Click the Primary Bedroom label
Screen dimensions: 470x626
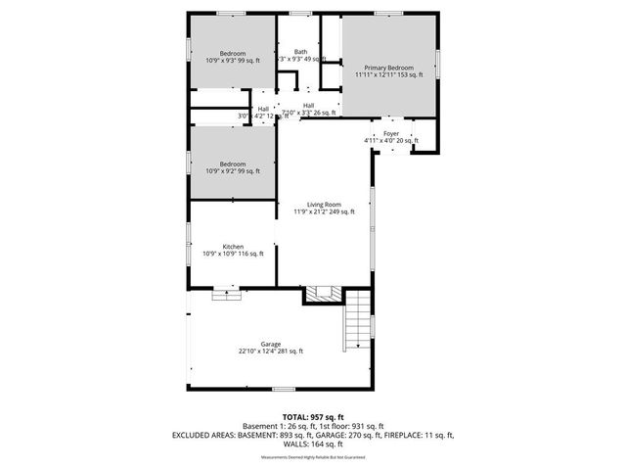(389, 67)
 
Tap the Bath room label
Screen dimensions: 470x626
(299, 53)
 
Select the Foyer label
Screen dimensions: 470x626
(391, 132)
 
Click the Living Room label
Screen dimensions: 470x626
(323, 204)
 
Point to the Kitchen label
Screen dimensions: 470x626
(233, 247)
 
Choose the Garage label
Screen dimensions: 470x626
(271, 344)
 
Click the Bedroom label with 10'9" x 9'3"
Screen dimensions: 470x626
(233, 53)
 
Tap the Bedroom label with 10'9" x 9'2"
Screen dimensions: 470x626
(233, 164)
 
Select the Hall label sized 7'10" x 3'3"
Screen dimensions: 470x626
(308, 106)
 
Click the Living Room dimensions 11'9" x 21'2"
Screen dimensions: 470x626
(323, 211)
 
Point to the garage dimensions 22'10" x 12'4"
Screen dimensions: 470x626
(271, 352)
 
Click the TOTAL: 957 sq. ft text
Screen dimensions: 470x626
(312, 416)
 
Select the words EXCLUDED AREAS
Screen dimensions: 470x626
(204, 434)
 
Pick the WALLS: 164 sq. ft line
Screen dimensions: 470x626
(312, 443)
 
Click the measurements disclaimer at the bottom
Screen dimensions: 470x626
(312, 457)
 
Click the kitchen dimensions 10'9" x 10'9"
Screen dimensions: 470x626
(233, 255)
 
